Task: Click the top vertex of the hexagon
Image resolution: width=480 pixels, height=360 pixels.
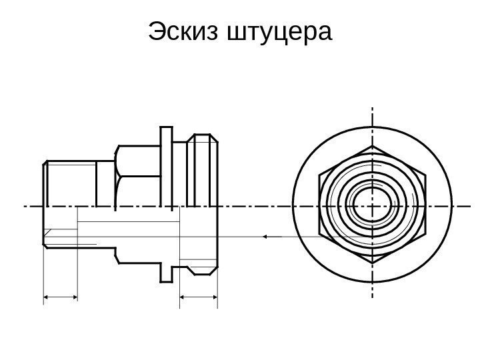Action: pyautogui.click(x=372, y=145)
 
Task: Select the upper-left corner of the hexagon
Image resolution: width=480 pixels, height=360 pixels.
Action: pyautogui.click(x=320, y=173)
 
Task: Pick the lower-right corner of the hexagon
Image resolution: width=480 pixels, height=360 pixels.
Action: pyautogui.click(x=424, y=237)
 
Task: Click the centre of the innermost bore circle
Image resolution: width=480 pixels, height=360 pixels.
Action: pyautogui.click(x=372, y=205)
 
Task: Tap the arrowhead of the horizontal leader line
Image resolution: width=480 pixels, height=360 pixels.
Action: pyautogui.click(x=264, y=236)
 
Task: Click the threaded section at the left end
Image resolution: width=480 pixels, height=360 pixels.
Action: pyautogui.click(x=70, y=183)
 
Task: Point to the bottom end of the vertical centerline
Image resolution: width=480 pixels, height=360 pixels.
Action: pyautogui.click(x=372, y=303)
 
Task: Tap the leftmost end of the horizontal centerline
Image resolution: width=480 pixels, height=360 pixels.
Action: pyautogui.click(x=24, y=206)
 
